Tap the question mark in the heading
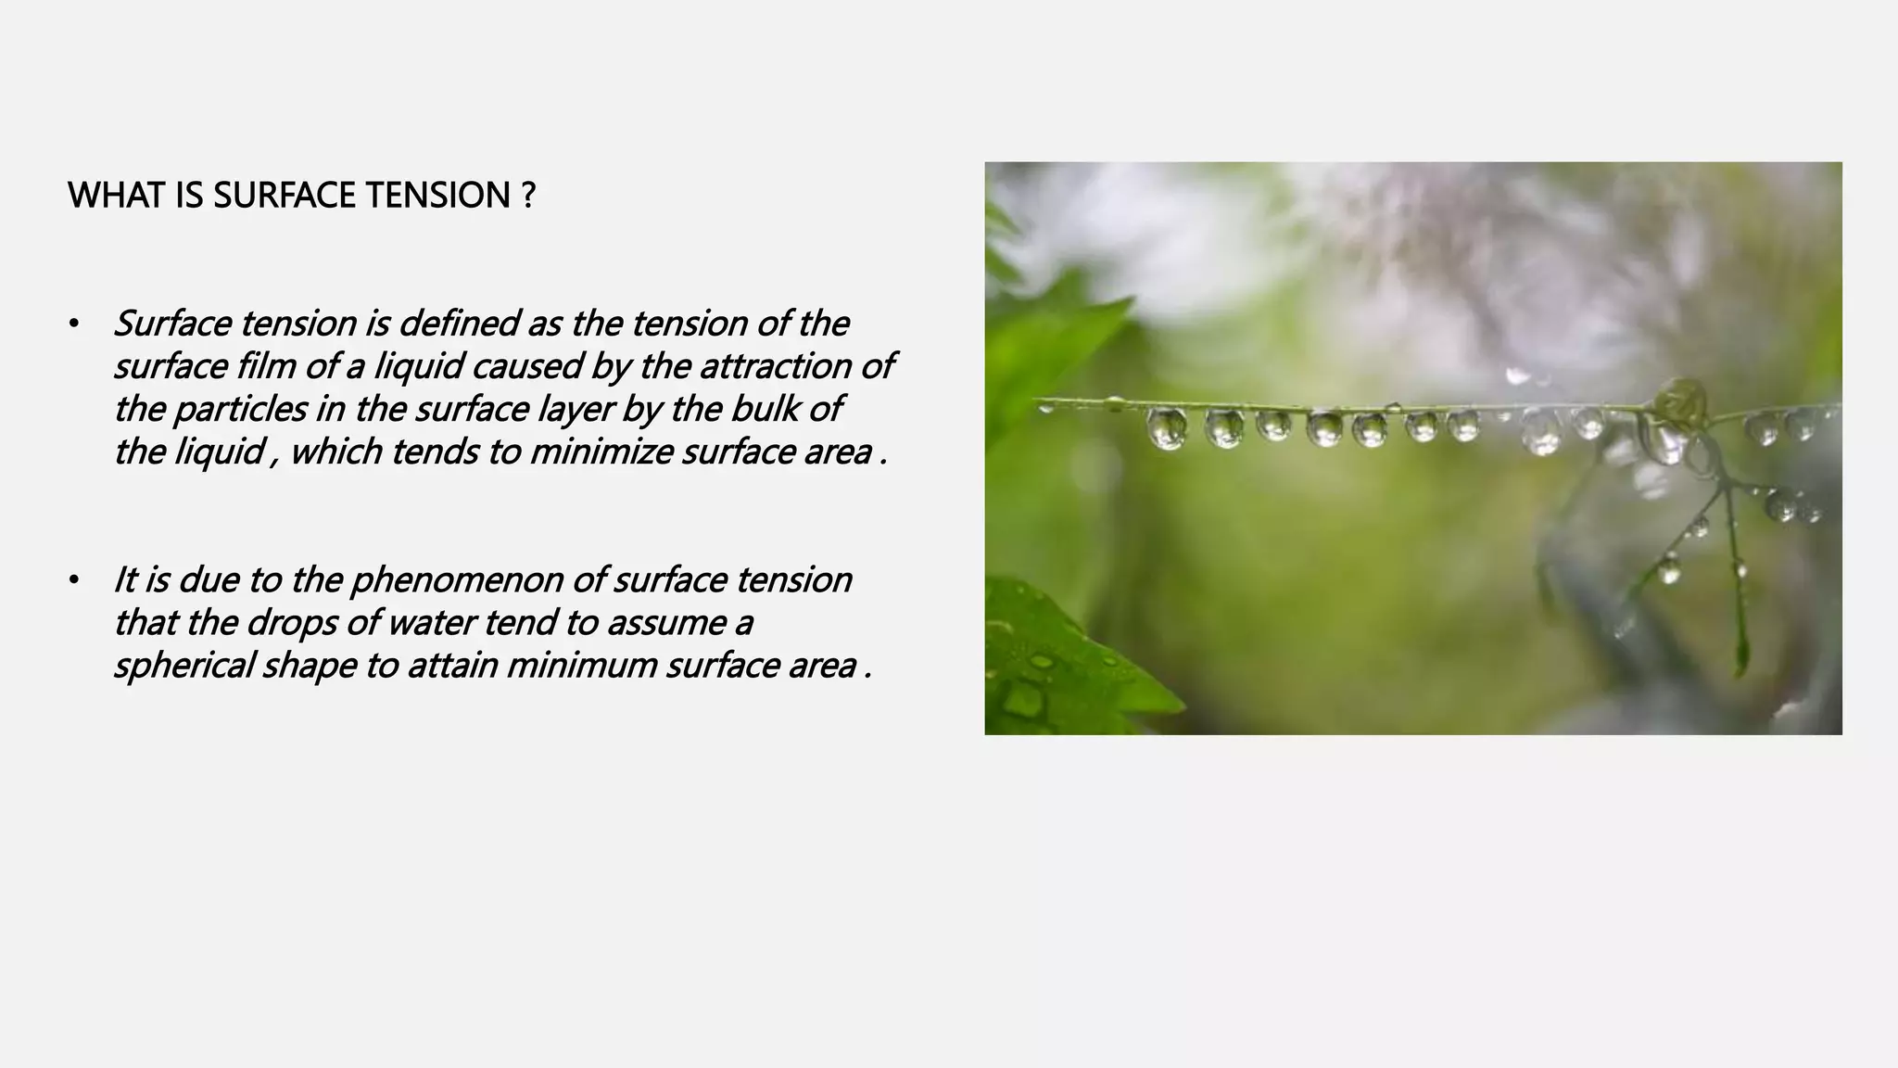(x=528, y=196)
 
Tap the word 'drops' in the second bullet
(x=291, y=623)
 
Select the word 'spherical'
(x=183, y=666)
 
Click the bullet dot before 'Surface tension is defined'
(x=73, y=324)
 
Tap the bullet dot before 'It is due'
(x=73, y=581)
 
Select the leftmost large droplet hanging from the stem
(x=1166, y=429)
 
